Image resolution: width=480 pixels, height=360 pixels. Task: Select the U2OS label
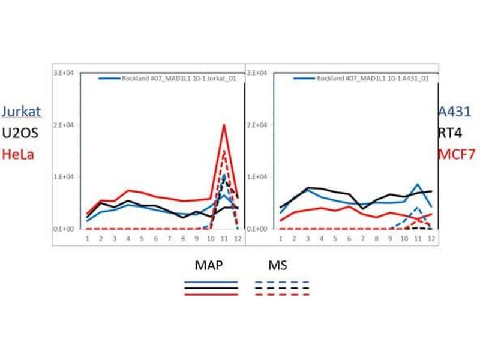pos(22,133)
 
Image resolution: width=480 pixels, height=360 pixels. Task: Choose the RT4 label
pos(449,133)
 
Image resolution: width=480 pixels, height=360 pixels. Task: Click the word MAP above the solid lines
pos(210,265)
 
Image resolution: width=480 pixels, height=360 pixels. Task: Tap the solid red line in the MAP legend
pos(211,294)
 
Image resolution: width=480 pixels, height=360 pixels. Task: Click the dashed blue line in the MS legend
pos(283,281)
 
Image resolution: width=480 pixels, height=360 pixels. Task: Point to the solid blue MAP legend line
pos(211,281)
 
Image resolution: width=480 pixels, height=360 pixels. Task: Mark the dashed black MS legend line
pos(283,287)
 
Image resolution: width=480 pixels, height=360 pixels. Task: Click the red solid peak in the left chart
pos(224,125)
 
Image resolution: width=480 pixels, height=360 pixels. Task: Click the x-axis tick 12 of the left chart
pos(238,239)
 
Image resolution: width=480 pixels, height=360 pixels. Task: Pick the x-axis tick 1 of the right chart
pos(280,239)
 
